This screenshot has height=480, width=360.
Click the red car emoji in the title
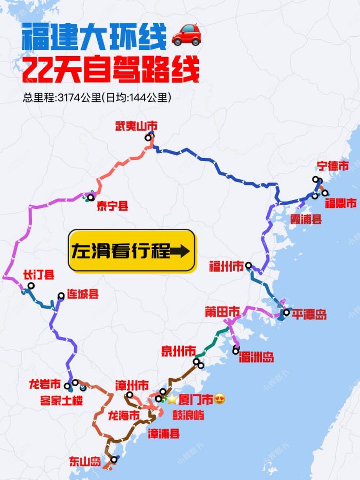coord(186,34)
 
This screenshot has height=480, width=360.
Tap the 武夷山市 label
coord(136,126)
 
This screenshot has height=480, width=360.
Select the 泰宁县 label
coord(112,205)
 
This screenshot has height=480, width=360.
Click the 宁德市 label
coord(333,166)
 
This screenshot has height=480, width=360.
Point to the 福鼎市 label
coord(340,204)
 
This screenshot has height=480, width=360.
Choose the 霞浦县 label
coord(306,219)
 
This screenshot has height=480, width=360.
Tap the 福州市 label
coord(226,267)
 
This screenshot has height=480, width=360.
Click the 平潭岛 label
coord(309,314)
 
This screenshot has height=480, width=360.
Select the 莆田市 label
coord(222,312)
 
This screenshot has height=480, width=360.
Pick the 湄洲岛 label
coord(256,357)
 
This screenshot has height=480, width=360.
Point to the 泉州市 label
coord(178,351)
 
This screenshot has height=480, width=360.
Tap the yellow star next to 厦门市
coord(172,399)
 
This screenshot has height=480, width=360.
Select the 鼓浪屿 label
coord(188,415)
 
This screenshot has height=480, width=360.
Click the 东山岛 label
coord(85,462)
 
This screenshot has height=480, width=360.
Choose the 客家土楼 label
coord(61,401)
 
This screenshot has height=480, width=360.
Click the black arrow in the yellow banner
coord(180,251)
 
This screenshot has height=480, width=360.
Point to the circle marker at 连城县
coord(61,296)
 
